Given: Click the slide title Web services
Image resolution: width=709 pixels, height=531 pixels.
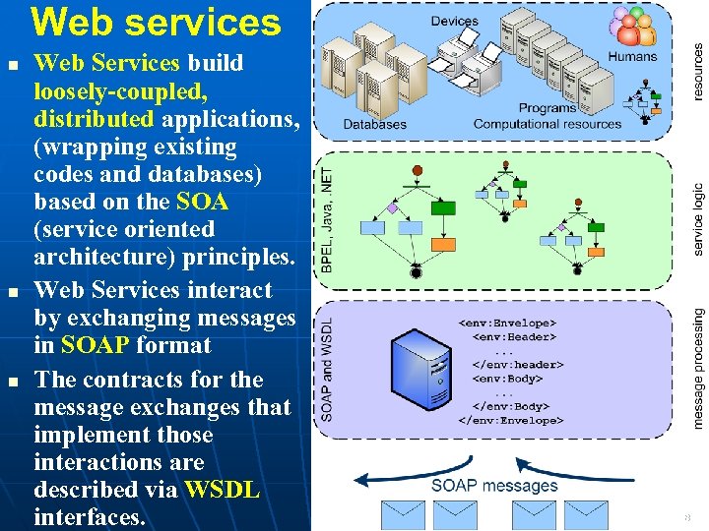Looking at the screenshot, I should pos(156,22).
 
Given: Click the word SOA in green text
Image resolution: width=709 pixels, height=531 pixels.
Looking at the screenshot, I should pos(202,202).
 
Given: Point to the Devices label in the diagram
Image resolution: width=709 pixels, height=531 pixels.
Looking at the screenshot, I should pos(454,21).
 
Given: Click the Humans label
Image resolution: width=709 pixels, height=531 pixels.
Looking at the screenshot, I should pos(632,56).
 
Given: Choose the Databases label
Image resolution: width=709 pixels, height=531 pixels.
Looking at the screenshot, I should pos(374,124).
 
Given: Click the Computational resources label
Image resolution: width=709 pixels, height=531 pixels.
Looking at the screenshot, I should pos(548,124).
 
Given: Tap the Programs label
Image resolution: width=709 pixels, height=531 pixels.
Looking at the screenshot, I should pos(548,108).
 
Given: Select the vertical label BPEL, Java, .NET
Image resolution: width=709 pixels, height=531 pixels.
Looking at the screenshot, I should pos(327,218).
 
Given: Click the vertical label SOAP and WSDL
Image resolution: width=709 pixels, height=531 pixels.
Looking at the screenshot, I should pos(327,369).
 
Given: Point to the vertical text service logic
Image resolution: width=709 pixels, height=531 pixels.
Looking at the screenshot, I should pos(697,219).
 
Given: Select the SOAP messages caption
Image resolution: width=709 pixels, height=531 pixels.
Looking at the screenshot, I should pos(494,485).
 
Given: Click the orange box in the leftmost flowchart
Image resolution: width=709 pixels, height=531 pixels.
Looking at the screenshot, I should pos(445,244).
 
